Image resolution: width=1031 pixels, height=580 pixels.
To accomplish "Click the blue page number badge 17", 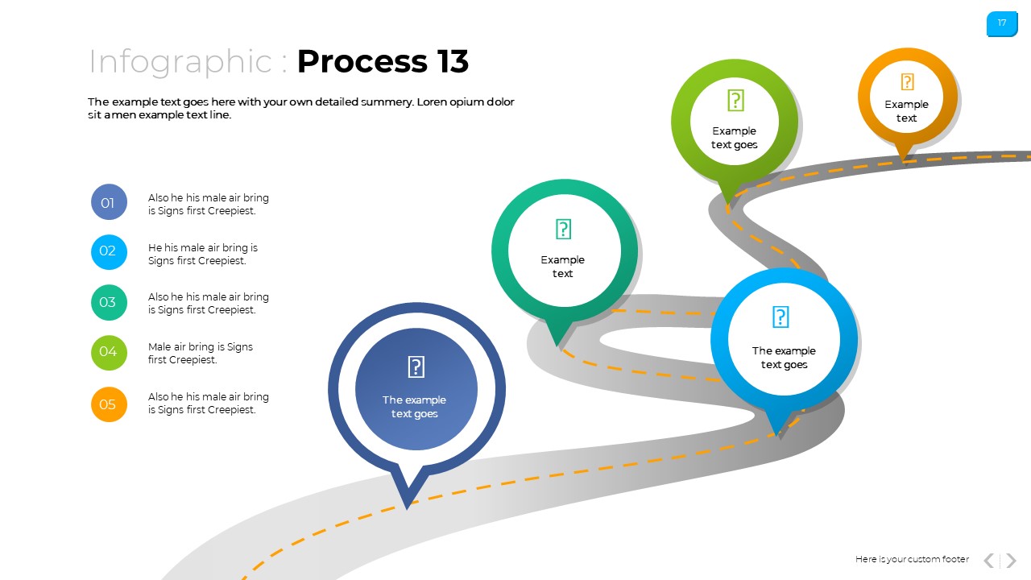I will [x=1002, y=23].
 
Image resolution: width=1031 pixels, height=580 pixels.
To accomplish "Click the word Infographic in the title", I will [x=180, y=61].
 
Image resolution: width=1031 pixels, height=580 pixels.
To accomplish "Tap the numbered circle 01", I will [x=109, y=202].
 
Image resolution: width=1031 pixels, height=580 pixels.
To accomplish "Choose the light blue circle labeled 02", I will [x=109, y=251].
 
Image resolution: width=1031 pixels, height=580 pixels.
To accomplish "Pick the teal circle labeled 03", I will [x=109, y=302].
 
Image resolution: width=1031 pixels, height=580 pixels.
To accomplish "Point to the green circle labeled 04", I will [x=109, y=352].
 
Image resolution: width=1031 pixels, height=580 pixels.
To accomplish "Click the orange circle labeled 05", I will [x=109, y=404].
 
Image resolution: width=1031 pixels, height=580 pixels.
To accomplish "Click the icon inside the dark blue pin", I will [x=416, y=367].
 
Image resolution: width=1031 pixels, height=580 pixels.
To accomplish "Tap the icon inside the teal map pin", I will [x=564, y=230].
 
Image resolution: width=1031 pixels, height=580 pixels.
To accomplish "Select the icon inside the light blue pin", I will [x=780, y=317].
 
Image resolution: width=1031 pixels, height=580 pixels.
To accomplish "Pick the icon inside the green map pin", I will [x=735, y=101].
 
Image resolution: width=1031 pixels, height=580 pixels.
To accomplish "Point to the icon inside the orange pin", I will [x=907, y=82].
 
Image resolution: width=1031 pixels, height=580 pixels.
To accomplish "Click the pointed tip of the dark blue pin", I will [x=408, y=505].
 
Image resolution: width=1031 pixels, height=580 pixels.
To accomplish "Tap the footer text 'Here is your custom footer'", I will [x=912, y=559].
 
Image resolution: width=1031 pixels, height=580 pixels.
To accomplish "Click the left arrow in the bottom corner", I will [x=988, y=560].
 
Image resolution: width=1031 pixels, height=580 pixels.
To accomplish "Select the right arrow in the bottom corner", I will [x=1012, y=560].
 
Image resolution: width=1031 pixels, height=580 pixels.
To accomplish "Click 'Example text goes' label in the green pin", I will [x=734, y=138].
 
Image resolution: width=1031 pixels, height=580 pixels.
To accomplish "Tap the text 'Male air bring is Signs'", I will [x=201, y=347].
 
